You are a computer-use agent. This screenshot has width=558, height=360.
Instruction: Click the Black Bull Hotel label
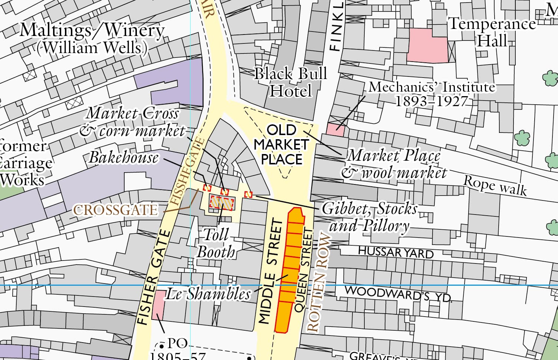291,82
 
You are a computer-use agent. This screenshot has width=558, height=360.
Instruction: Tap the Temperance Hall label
492,32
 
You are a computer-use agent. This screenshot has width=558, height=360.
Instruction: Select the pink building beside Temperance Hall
427,45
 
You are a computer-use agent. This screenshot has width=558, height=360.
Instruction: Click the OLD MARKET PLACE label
282,145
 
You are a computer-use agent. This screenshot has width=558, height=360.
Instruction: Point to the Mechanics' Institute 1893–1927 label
432,94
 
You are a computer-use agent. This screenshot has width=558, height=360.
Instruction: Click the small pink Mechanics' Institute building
335,130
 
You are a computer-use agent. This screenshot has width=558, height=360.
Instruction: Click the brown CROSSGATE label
115,210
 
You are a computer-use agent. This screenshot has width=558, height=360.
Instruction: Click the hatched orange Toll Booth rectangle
221,203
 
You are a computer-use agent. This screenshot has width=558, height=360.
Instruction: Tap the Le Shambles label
208,294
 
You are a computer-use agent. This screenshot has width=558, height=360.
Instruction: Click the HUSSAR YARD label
395,252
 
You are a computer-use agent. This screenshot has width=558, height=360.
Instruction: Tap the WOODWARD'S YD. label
398,293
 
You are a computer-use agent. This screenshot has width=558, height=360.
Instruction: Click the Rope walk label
495,185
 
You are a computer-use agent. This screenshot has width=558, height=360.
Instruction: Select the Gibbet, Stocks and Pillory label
370,217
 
